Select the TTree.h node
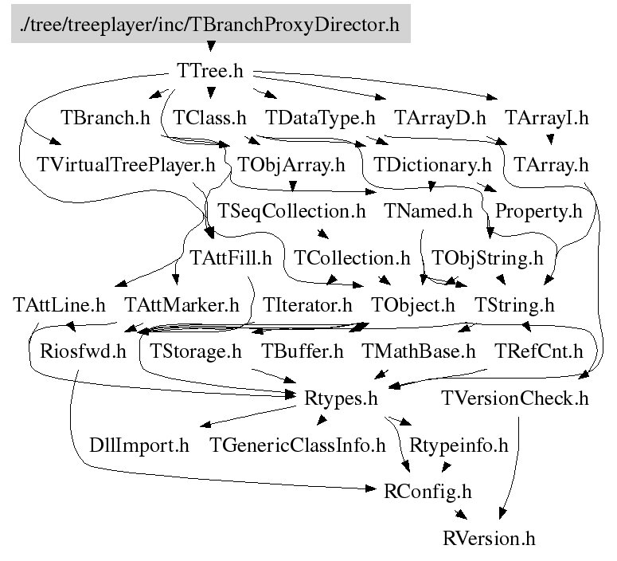[209, 70]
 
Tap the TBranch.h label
[105, 119]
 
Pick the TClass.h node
[209, 119]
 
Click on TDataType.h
[320, 119]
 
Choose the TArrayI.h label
[546, 119]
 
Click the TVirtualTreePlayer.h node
[127, 166]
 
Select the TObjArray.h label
[291, 166]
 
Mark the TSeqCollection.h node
[291, 212]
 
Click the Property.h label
[538, 212]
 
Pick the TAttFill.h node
[231, 258]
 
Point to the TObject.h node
[413, 304]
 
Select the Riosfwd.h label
[77, 351]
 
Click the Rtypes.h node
[341, 398]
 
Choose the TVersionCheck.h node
[515, 398]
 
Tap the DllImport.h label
[139, 445]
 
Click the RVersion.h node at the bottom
[489, 538]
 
